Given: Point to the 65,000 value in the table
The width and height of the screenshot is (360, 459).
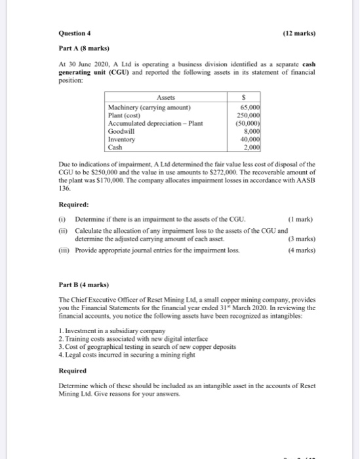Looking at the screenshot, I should (251, 106).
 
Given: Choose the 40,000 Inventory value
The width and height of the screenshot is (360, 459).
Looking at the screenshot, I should (251, 138).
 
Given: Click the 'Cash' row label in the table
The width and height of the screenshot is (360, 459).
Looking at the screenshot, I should (115, 146).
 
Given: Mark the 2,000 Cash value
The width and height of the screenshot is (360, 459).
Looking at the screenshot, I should (253, 146).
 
